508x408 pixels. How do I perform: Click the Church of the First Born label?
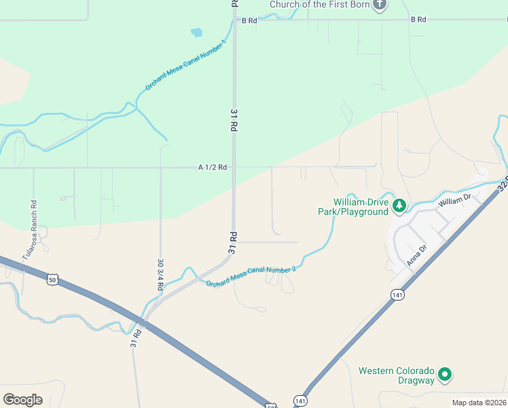click(319, 5)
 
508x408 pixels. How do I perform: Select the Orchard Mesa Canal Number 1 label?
click(185, 66)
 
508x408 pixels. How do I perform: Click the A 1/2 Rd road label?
click(213, 167)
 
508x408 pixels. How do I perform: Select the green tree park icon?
click(400, 205)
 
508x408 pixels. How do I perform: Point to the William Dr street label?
click(454, 200)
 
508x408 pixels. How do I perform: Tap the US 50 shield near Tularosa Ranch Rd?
click(54, 279)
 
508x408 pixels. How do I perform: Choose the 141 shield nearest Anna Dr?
click(397, 294)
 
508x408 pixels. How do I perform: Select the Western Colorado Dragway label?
click(396, 375)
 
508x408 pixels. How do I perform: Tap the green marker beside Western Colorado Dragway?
click(445, 373)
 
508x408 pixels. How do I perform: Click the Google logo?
click(22, 399)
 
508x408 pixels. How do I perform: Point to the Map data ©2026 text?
click(478, 403)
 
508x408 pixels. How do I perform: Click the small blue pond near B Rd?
click(196, 32)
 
